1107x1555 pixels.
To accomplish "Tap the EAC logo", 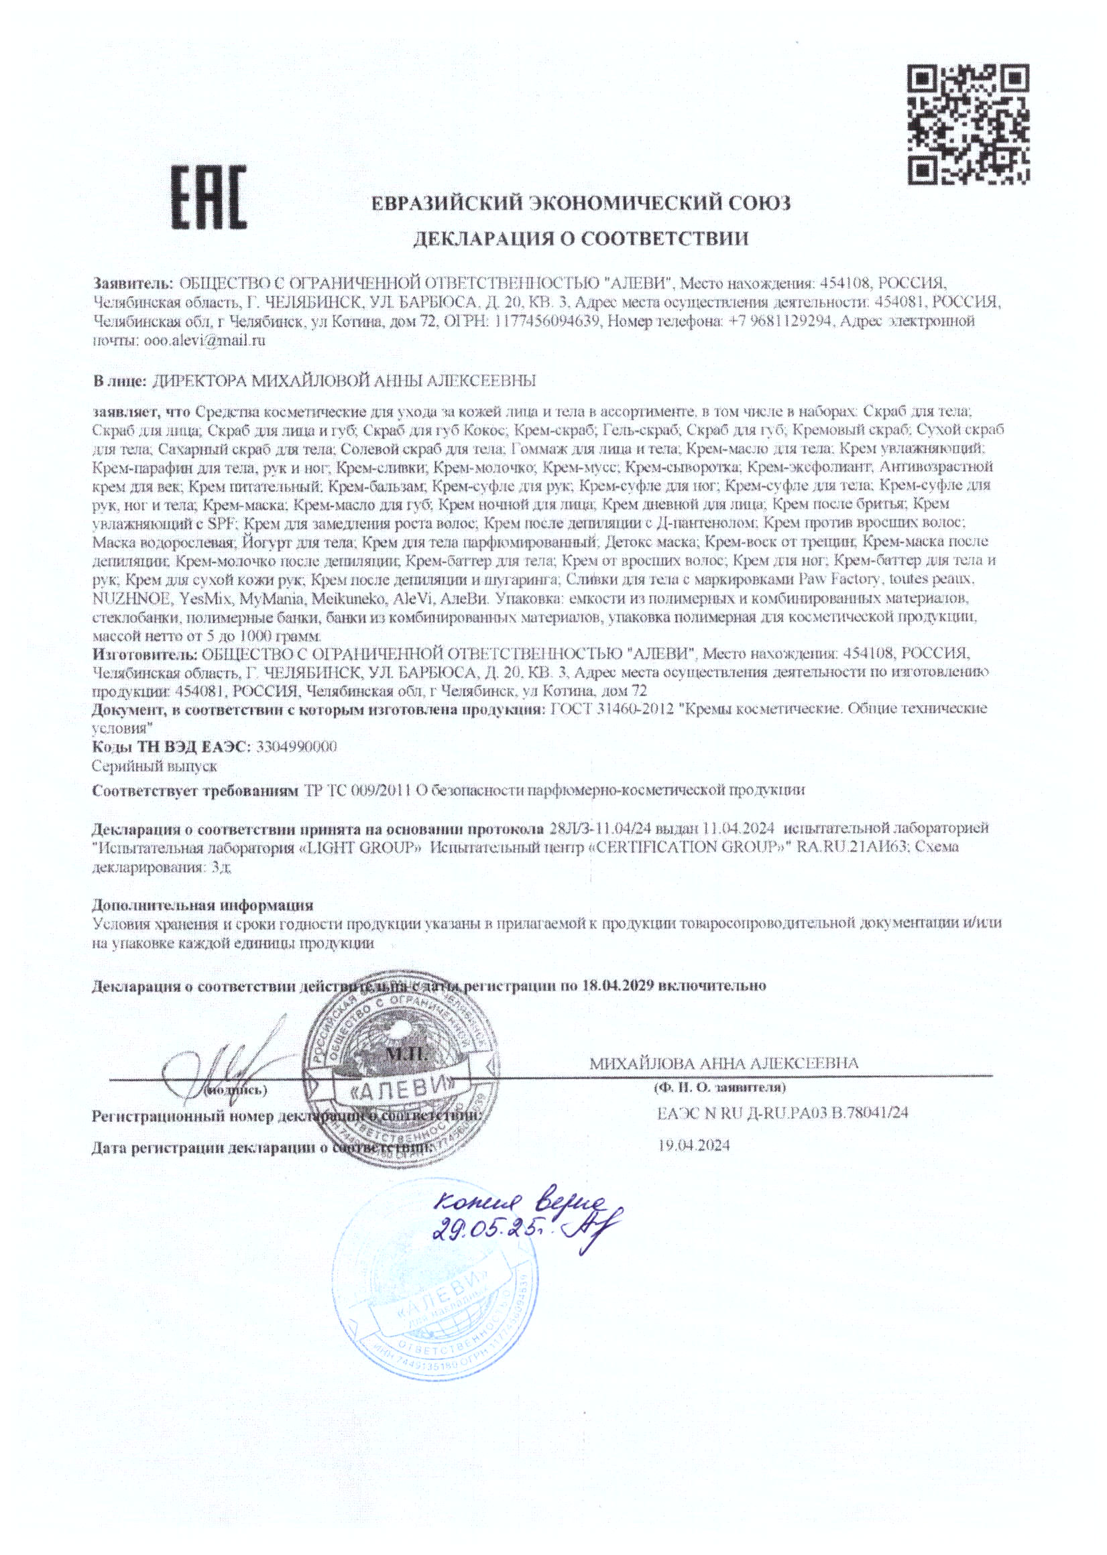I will [207, 198].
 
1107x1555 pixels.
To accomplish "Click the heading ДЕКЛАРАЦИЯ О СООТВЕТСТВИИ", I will [581, 239].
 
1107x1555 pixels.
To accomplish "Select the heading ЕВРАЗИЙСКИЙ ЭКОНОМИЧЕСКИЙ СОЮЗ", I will [581, 203].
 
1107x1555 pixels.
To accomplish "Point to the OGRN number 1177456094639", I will [544, 321].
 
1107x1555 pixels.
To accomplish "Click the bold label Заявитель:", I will [133, 282].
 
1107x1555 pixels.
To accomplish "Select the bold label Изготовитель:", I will [145, 654].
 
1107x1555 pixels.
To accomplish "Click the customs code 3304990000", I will [296, 746].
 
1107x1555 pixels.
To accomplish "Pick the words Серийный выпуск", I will [155, 766].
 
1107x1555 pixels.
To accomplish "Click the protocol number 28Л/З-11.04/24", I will [597, 828].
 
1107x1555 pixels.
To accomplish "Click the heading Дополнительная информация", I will [202, 905].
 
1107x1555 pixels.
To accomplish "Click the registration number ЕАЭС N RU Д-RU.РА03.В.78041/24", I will [782, 1113].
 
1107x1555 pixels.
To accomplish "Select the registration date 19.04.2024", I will [693, 1145].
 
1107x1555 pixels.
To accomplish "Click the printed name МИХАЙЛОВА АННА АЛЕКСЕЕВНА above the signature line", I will [724, 1063].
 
